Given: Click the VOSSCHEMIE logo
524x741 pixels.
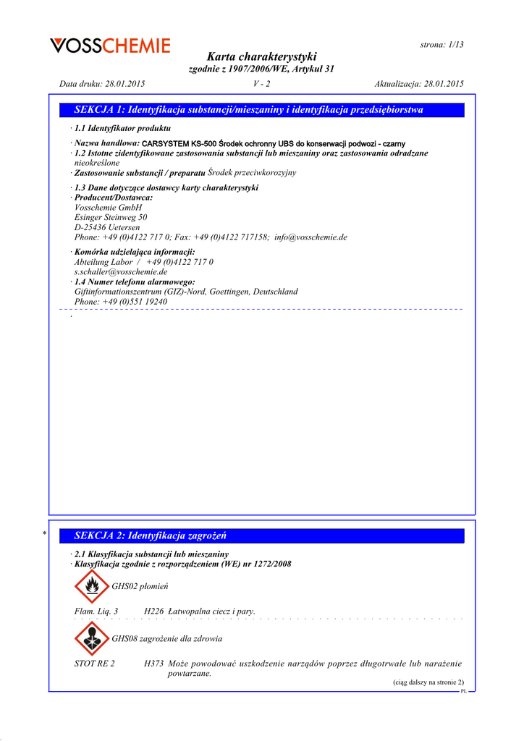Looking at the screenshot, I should click(110, 46).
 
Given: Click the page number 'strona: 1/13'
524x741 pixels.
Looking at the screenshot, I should click(441, 44).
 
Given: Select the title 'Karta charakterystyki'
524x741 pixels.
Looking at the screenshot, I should click(261, 56).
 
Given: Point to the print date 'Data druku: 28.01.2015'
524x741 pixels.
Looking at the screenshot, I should click(102, 84).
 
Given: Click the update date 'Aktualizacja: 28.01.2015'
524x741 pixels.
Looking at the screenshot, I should click(419, 84).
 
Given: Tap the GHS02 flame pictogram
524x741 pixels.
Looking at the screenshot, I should click(90, 586).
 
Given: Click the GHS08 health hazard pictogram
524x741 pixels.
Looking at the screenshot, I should click(90, 638).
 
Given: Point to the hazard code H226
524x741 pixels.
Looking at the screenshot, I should click(153, 611).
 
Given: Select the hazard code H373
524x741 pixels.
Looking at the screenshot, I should click(153, 664).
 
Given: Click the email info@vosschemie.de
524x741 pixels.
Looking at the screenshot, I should click(311, 237).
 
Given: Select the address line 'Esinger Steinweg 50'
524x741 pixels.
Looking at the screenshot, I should click(111, 217).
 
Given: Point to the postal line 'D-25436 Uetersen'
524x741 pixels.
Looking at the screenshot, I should click(107, 227).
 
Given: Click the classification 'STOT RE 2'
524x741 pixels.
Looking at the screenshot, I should click(95, 664).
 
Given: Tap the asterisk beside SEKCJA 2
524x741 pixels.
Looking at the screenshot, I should click(44, 534).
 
